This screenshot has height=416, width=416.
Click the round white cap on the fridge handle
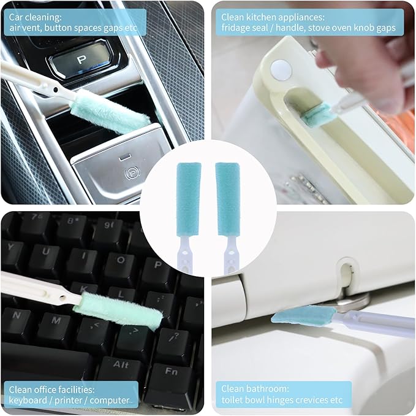coord(281,68)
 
